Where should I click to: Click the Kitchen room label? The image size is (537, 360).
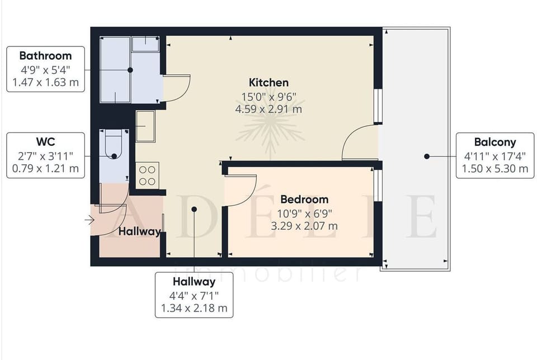coord(268,83)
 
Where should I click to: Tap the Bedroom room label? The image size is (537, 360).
coord(304,199)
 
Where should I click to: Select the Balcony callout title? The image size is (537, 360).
coord(494,142)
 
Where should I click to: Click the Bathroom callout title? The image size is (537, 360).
coord(45,56)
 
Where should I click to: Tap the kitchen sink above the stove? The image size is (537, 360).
coord(145,126)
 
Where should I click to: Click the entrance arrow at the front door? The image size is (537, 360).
coord(89,220)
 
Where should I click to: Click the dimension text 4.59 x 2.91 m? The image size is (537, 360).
coord(268,109)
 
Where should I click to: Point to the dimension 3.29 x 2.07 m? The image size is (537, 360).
coord(304,226)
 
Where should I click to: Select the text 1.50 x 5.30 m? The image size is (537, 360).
coord(494,168)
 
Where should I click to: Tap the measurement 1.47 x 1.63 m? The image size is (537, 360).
coord(45,83)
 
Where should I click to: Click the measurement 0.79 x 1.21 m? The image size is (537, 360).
coord(45,168)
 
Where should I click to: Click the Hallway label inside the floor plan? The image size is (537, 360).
coord(139,231)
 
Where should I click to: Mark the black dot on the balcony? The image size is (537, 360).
coord(426,157)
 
